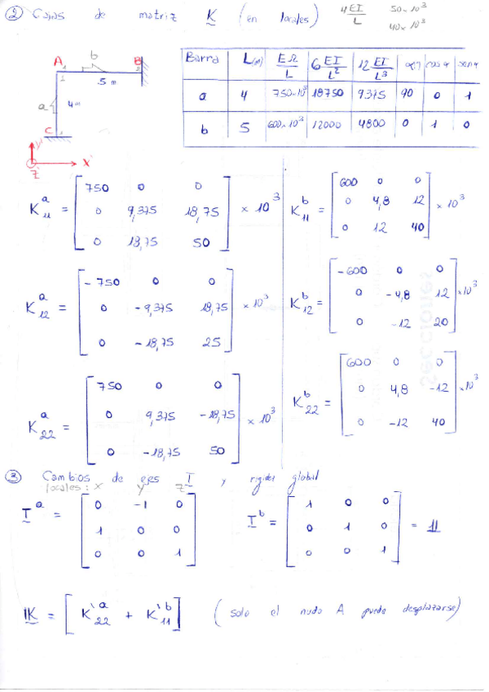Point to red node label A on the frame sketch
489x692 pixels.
click(58, 61)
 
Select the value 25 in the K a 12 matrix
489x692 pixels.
click(211, 343)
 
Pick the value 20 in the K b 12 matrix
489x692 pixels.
click(440, 323)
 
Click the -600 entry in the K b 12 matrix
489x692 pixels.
click(350, 269)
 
